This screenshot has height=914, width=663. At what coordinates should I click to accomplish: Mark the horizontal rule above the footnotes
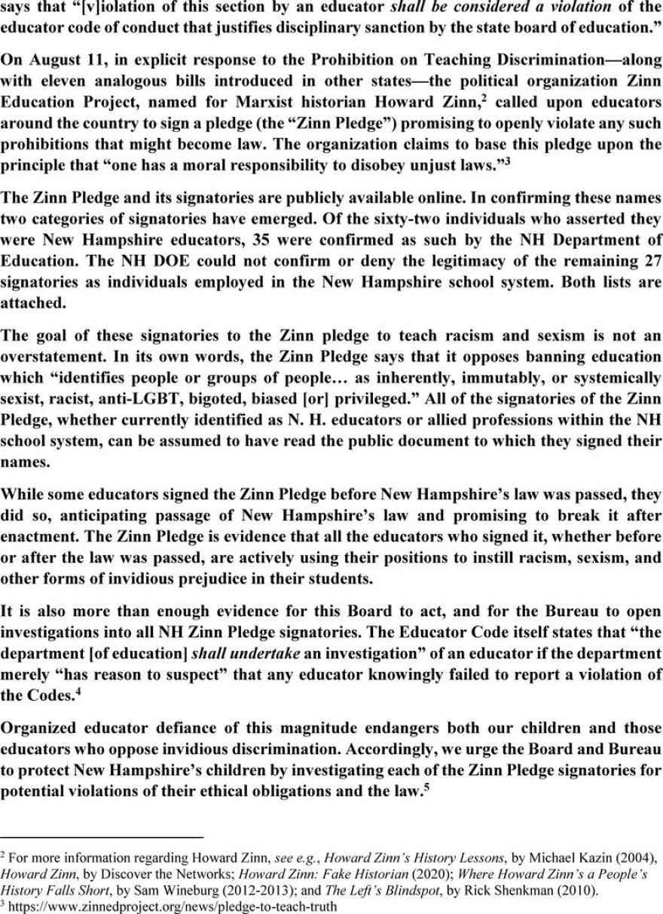click(x=102, y=837)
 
